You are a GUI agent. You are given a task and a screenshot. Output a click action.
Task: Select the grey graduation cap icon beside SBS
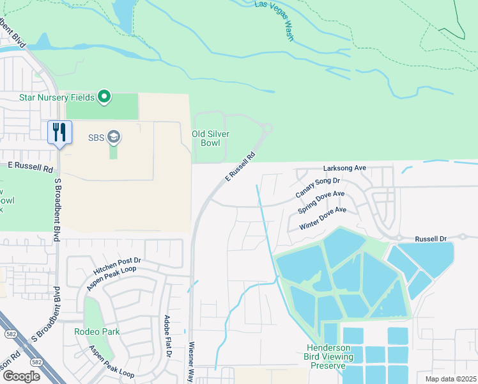[x=114, y=136]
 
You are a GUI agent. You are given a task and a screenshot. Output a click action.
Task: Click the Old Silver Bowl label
[x=211, y=139]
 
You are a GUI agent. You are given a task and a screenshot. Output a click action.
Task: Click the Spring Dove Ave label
[x=321, y=202]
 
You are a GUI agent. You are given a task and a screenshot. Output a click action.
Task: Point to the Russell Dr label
[x=431, y=239]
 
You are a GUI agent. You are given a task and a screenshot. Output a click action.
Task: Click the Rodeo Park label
[x=96, y=332]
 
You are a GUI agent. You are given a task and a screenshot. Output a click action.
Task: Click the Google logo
[x=21, y=376]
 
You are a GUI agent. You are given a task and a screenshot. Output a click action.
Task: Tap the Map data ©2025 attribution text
[x=451, y=379]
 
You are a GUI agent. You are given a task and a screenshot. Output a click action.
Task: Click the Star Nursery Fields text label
[x=57, y=97]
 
